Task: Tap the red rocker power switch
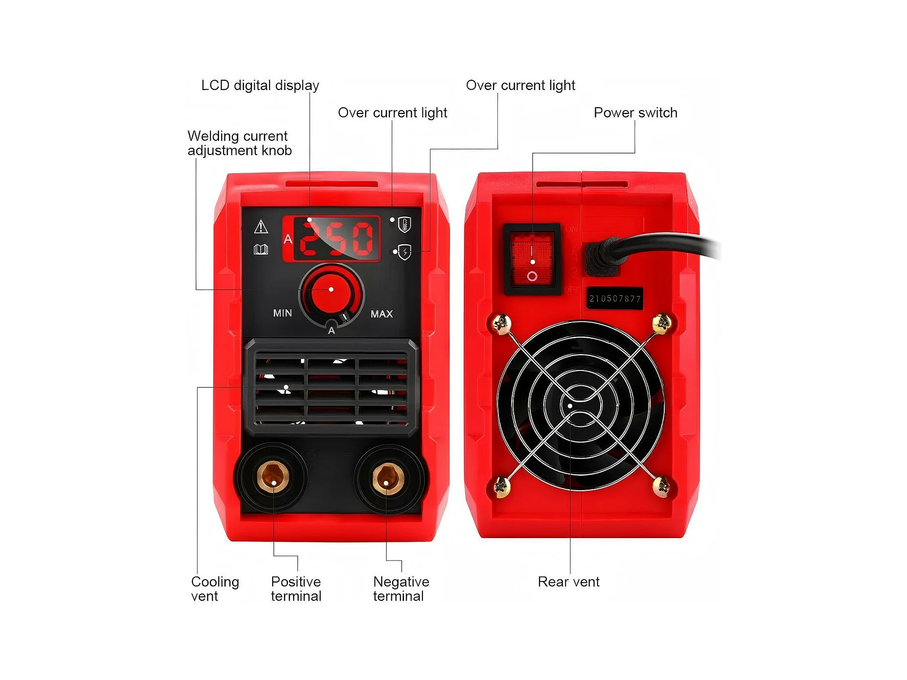click(532, 259)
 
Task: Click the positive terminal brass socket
click(273, 477)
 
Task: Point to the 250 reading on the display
click(336, 238)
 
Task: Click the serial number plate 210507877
click(615, 298)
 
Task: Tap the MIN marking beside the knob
click(283, 313)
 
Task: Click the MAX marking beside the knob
click(382, 314)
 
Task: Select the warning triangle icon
click(261, 227)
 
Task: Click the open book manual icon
click(261, 250)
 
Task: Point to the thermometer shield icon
click(404, 224)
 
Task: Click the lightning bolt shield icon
click(405, 252)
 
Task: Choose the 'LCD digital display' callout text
click(260, 85)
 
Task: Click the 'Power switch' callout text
click(635, 112)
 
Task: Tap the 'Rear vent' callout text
click(568, 581)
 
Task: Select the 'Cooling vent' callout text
click(215, 589)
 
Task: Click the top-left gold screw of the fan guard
click(501, 323)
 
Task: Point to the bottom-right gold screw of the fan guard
click(661, 486)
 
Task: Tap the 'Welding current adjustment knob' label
click(239, 143)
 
